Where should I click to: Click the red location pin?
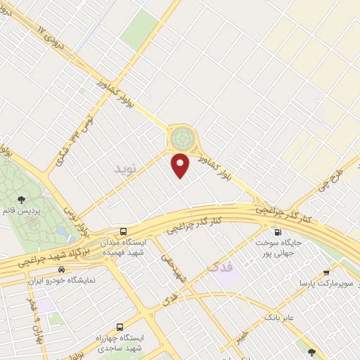181,165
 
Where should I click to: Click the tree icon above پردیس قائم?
20,200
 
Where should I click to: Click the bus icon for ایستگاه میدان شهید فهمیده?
124,231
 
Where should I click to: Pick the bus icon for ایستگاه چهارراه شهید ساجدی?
120,326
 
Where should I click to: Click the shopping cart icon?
326,272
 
